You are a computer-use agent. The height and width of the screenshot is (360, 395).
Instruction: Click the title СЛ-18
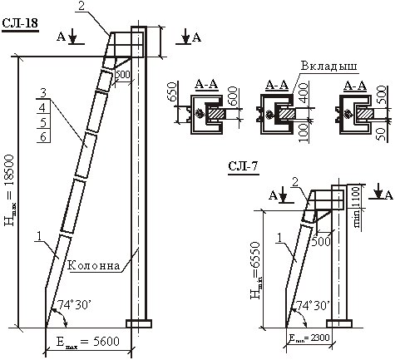click(20, 23)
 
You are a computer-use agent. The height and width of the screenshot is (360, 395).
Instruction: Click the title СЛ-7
click(243, 166)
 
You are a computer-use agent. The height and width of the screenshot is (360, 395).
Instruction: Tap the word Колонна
click(94, 265)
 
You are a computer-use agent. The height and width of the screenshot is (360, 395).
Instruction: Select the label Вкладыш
click(329, 67)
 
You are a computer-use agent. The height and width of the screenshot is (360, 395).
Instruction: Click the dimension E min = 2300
click(309, 338)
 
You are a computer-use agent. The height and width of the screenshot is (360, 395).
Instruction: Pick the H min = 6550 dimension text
click(255, 270)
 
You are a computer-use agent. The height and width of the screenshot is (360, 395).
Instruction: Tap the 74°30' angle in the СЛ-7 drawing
click(313, 305)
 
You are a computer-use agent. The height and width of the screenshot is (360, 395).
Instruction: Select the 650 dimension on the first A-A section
click(171, 91)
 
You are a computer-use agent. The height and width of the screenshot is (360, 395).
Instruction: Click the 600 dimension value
click(232, 96)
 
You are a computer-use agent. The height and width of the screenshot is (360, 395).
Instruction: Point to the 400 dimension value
click(304, 93)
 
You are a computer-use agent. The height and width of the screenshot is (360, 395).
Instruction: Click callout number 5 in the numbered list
click(43, 122)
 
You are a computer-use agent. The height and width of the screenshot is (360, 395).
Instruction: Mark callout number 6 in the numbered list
click(43, 136)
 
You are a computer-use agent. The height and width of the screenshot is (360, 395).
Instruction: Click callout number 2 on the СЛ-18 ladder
click(81, 6)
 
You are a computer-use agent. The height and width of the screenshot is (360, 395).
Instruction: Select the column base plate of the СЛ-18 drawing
click(139, 323)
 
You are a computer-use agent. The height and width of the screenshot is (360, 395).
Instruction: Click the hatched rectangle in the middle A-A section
click(287, 114)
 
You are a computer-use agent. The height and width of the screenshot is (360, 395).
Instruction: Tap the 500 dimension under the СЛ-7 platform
click(321, 241)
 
